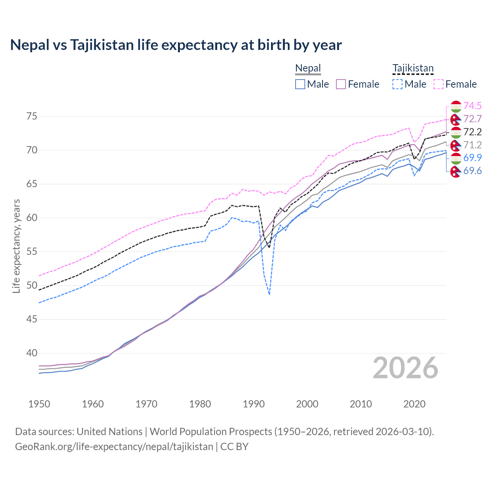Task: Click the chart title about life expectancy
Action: point(176,45)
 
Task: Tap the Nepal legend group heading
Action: point(308,68)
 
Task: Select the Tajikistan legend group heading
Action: point(413,68)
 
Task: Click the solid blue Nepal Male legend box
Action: point(300,84)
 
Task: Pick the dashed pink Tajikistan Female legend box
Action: point(439,84)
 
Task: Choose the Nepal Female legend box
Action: point(341,84)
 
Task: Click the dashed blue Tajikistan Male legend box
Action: point(397,84)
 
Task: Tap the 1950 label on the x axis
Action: point(39,404)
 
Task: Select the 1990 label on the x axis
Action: point(254,404)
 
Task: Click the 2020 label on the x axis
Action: point(414,404)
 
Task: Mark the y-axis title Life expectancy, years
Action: point(17,246)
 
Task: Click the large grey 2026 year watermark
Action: point(405,368)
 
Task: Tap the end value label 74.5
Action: point(472,106)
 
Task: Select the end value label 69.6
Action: point(472,171)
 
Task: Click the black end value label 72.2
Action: point(472,132)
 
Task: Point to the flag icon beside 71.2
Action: point(456,145)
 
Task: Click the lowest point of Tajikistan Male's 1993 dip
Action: point(269,294)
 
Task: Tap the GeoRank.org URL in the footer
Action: point(114,447)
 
